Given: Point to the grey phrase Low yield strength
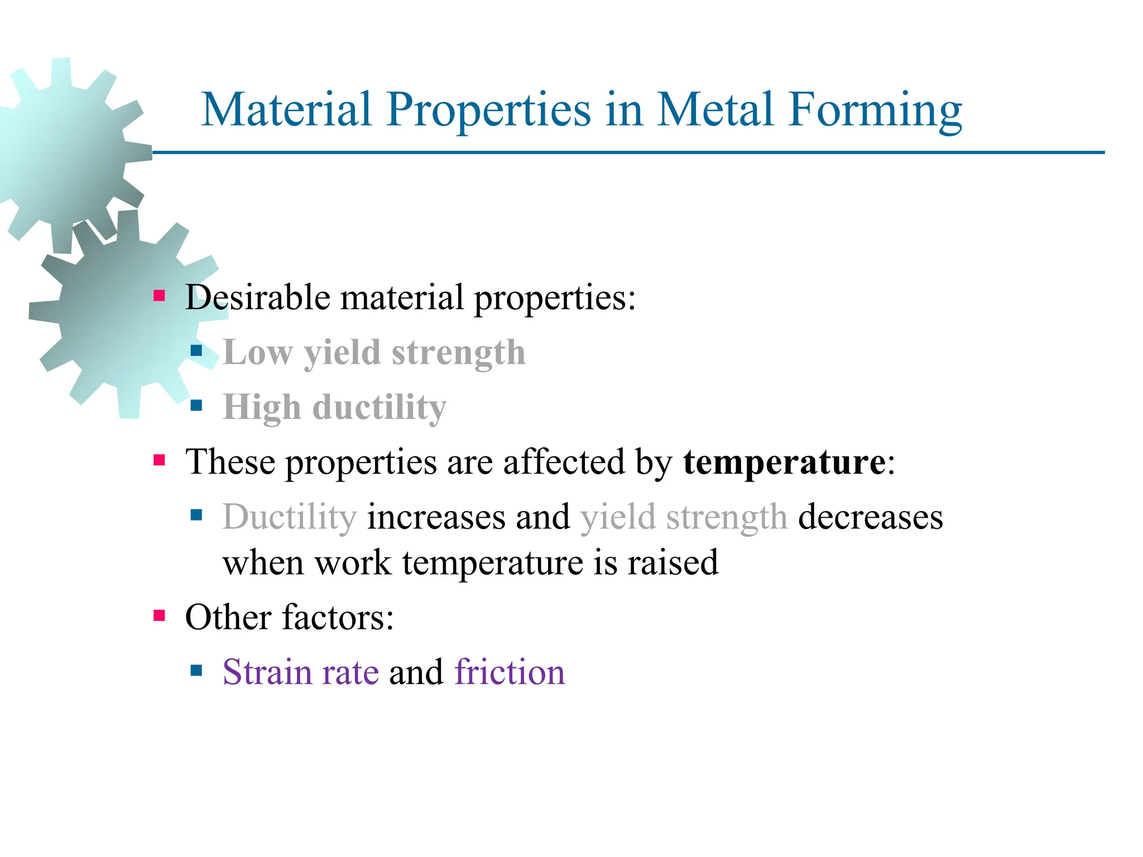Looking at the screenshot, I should click(x=374, y=353).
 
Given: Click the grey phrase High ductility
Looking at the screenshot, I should click(x=335, y=407).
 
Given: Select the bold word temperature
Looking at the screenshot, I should click(x=784, y=463).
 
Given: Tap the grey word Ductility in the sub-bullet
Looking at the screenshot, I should click(x=289, y=517).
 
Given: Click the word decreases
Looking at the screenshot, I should click(x=870, y=517).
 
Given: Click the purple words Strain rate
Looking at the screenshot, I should click(x=300, y=672).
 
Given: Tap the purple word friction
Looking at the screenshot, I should click(x=510, y=672).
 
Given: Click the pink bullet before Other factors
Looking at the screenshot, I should click(x=160, y=615).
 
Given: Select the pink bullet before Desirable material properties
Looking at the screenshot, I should click(x=160, y=295).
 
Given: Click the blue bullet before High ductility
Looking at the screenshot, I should click(x=196, y=405).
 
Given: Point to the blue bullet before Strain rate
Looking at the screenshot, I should click(x=196, y=670).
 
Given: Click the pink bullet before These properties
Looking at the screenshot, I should click(x=160, y=460).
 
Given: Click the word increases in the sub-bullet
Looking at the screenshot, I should click(x=436, y=517).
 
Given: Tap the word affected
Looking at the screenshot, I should click(x=563, y=463).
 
